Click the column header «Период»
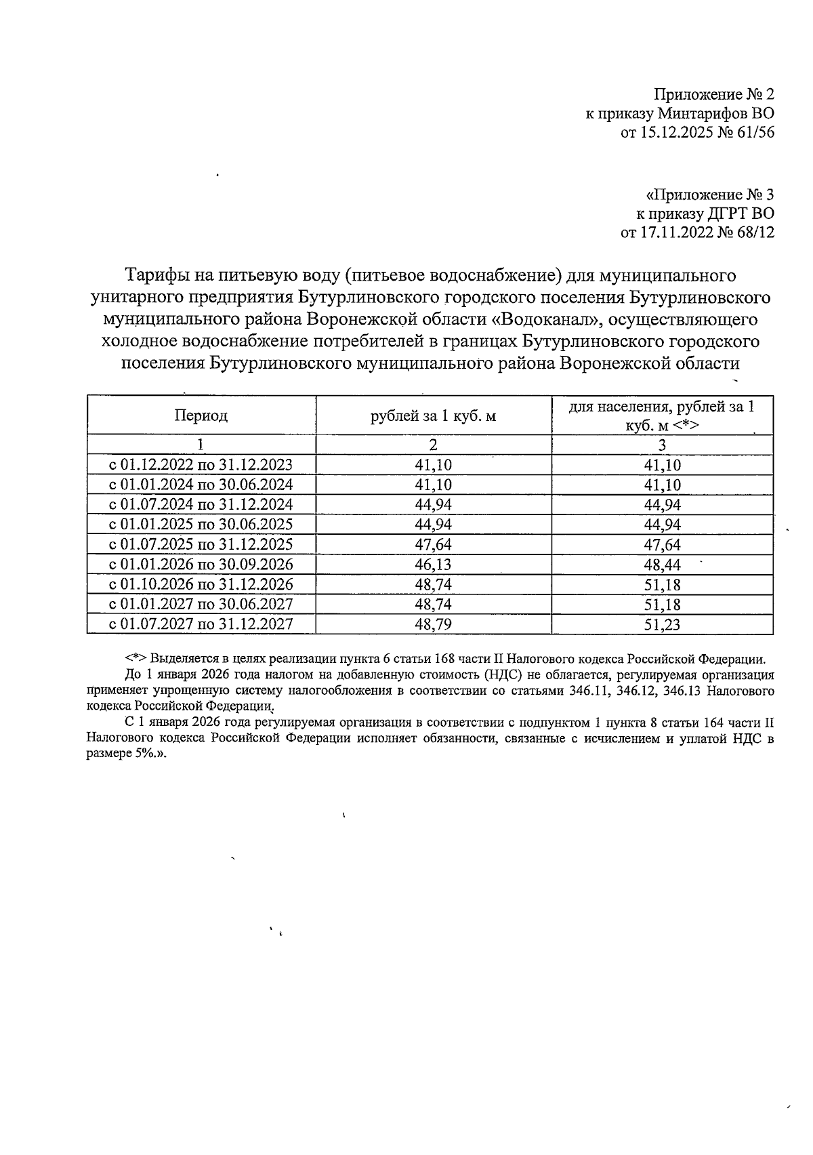(201, 416)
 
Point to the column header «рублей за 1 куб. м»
(433, 416)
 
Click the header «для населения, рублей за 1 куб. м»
(661, 416)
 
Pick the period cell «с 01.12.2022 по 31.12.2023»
(201, 465)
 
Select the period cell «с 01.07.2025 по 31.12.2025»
(201, 544)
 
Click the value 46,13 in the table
(433, 565)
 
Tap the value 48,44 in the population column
(662, 565)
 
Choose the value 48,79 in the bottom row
(433, 624)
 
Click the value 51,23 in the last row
(662, 624)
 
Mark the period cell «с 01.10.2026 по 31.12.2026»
(201, 584)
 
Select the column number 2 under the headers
(433, 445)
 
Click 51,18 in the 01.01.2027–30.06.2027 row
(662, 605)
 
